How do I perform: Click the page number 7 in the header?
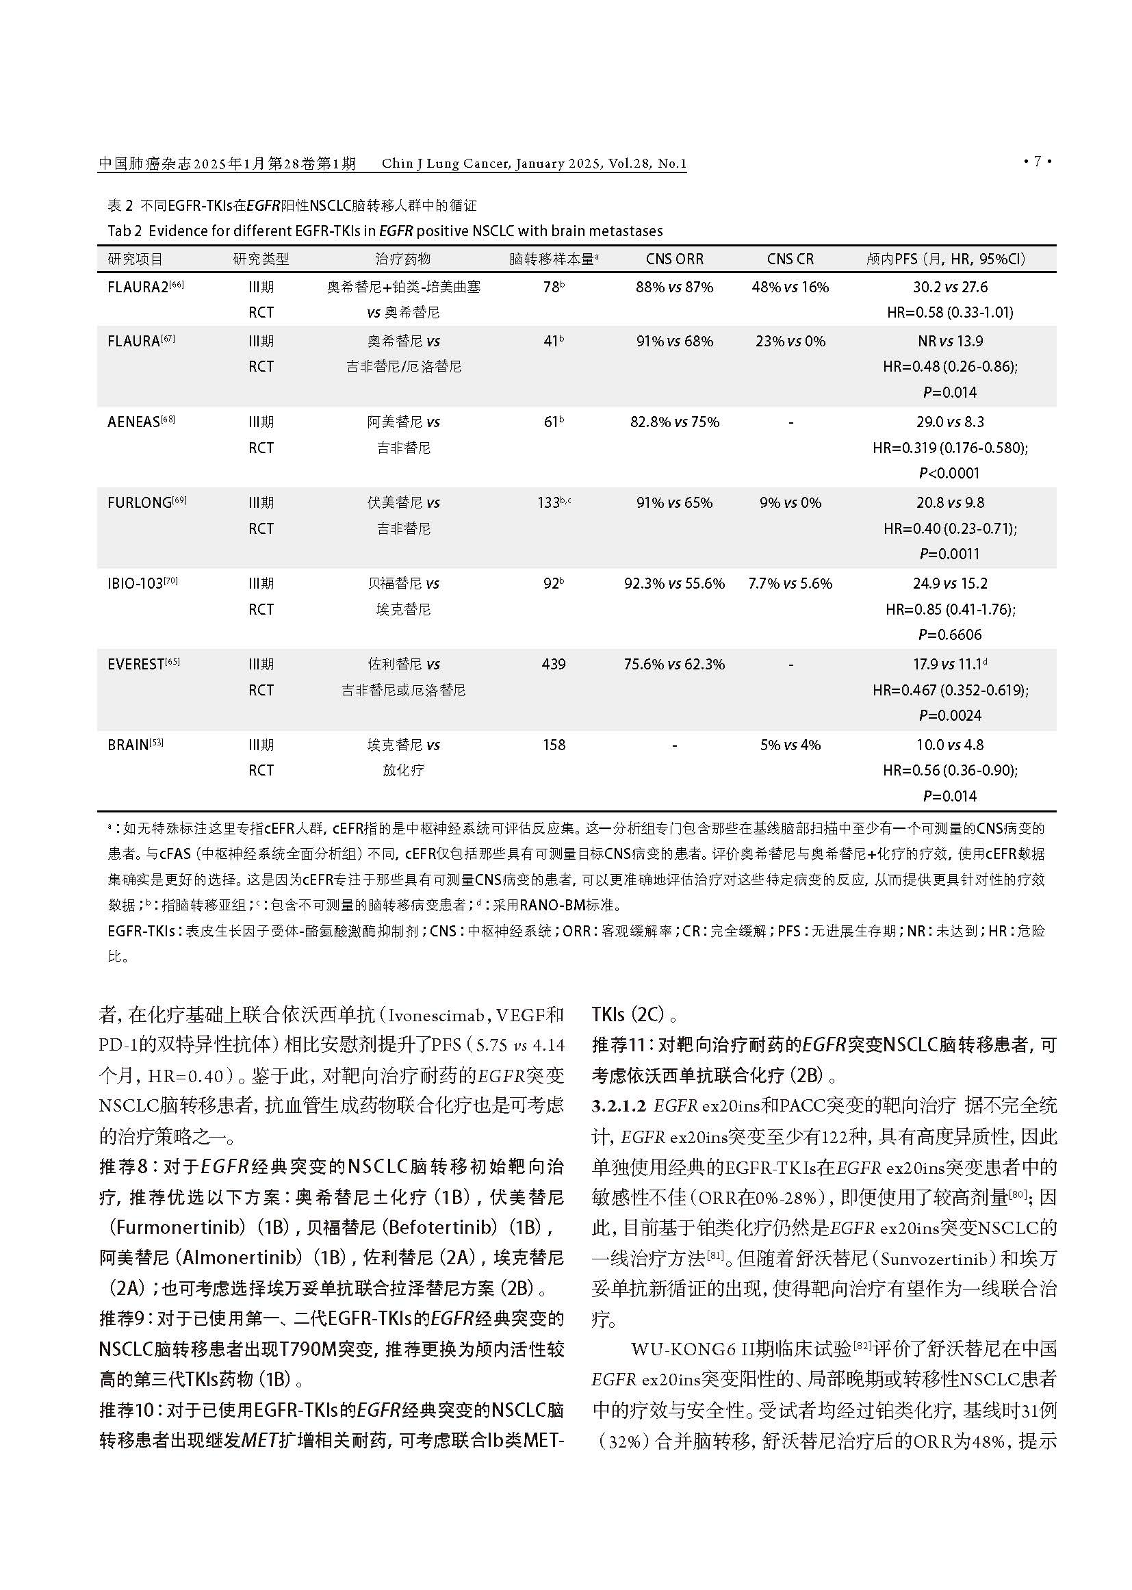(1037, 162)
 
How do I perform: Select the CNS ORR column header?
(674, 259)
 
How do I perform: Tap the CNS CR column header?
(790, 259)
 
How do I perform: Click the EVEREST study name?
(136, 665)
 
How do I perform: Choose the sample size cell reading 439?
(554, 665)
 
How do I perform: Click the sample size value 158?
(554, 745)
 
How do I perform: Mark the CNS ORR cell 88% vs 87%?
(674, 287)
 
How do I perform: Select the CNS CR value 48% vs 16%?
(790, 287)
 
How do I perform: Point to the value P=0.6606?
(949, 635)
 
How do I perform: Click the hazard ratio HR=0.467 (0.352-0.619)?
(950, 690)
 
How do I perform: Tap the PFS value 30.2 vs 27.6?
(950, 287)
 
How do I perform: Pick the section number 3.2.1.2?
(619, 1105)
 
